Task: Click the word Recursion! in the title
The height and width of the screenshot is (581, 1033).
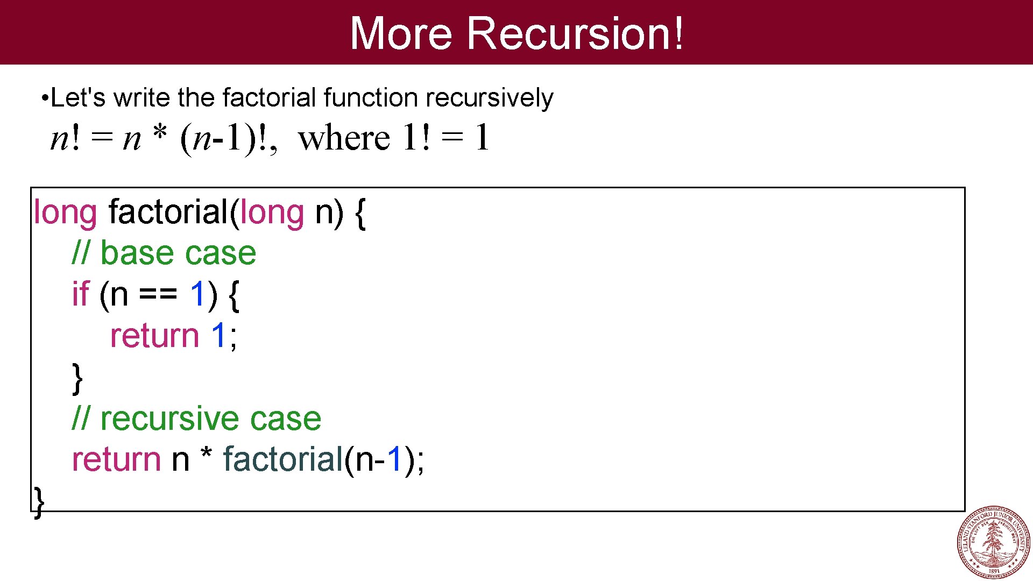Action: [575, 33]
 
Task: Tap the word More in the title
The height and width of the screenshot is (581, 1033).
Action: [401, 33]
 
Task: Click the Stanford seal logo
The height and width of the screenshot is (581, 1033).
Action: [994, 542]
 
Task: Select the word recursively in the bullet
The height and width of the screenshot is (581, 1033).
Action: [489, 98]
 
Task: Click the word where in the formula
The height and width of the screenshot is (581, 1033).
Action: [344, 138]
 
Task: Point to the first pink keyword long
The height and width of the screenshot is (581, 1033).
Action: [65, 212]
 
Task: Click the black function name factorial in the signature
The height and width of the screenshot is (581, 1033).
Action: [168, 212]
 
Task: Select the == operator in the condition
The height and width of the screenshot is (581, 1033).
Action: [158, 295]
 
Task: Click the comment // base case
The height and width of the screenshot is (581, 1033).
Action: [164, 253]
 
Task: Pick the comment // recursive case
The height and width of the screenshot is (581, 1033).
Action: [196, 419]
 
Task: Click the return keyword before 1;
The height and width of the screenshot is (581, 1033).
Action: [154, 336]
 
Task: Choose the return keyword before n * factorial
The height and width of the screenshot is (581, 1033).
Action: [116, 459]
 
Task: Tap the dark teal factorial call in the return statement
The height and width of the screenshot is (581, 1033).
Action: [283, 459]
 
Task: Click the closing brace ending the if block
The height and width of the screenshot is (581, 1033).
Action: [77, 378]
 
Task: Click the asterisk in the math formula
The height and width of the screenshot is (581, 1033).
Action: [160, 132]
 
